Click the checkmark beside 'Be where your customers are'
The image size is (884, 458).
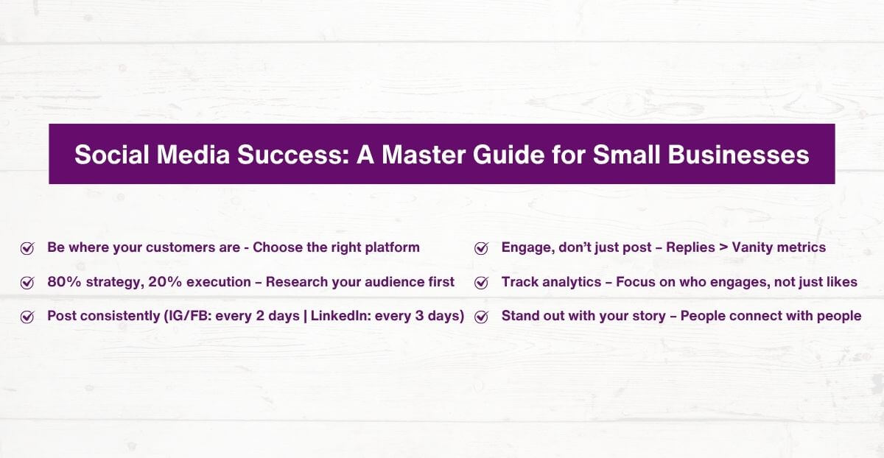click(27, 248)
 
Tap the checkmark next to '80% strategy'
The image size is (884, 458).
click(27, 283)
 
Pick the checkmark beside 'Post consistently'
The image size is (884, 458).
click(27, 317)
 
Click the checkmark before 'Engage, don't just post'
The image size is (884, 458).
click(482, 248)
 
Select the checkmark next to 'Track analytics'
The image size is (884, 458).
click(482, 283)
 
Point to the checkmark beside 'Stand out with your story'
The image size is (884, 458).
click(482, 317)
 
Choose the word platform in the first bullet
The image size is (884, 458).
click(392, 248)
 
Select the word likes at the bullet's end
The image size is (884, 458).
click(841, 282)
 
